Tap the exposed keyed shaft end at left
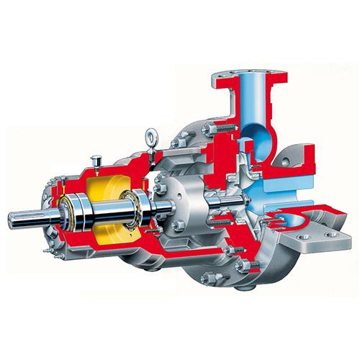point(22,216)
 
